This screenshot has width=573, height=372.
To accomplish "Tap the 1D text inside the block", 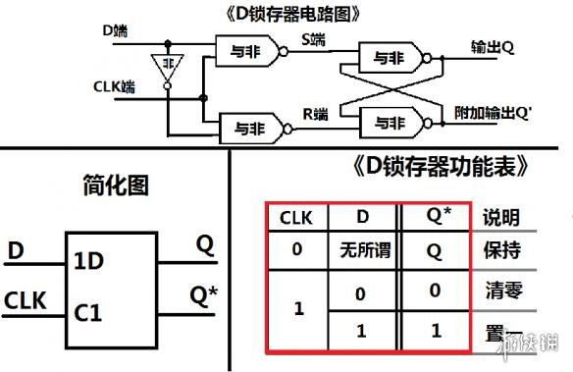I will [90, 262].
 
